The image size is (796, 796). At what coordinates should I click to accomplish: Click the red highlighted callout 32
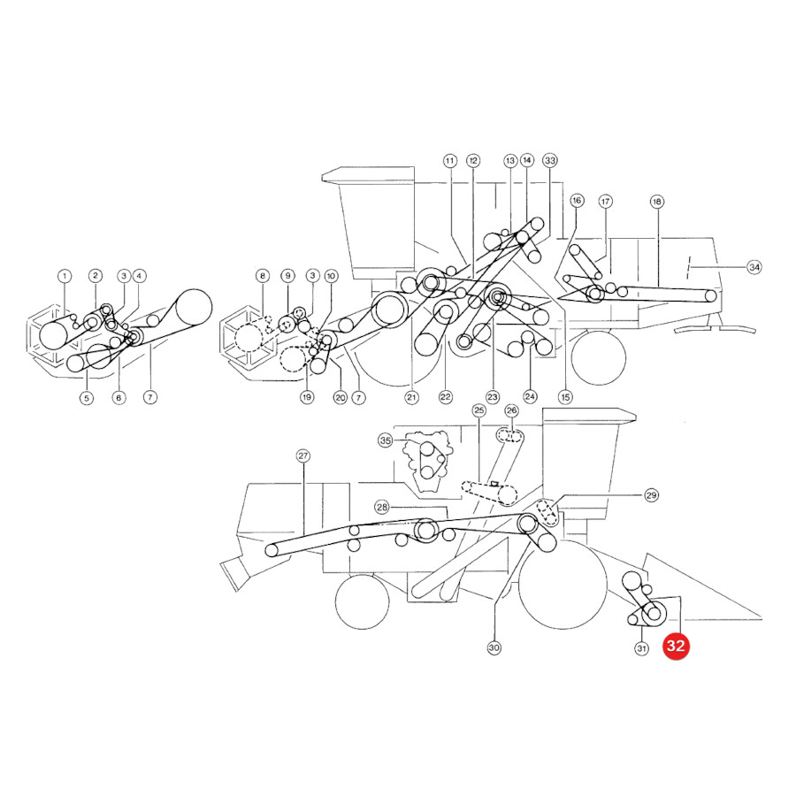click(x=676, y=646)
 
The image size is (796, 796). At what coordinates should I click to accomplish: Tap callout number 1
click(x=65, y=277)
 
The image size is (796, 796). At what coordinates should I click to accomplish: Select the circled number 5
click(x=87, y=398)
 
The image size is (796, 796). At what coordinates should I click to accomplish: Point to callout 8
click(x=263, y=276)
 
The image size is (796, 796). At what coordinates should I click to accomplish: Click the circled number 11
click(x=450, y=162)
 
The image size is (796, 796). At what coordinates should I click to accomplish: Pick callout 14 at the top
click(x=527, y=160)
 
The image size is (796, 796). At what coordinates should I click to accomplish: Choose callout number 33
click(x=550, y=160)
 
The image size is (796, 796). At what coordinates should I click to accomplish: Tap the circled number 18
click(x=657, y=202)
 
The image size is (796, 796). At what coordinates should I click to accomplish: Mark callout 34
click(x=754, y=267)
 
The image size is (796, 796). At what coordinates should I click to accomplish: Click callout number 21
click(x=411, y=397)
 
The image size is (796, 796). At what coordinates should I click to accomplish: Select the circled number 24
click(x=530, y=396)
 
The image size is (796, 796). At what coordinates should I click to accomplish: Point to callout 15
click(x=565, y=397)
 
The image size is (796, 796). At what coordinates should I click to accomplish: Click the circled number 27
click(x=303, y=455)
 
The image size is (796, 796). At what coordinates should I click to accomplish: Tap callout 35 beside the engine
click(x=386, y=440)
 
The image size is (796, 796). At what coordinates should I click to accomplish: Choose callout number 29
click(x=651, y=495)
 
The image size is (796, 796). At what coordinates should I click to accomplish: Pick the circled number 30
click(x=494, y=647)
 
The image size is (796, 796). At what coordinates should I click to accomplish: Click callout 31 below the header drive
click(x=642, y=648)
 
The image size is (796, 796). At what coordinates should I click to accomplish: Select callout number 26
click(x=512, y=410)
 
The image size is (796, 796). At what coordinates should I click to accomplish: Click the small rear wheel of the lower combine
click(x=363, y=601)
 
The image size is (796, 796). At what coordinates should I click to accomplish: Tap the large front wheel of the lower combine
click(x=563, y=585)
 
